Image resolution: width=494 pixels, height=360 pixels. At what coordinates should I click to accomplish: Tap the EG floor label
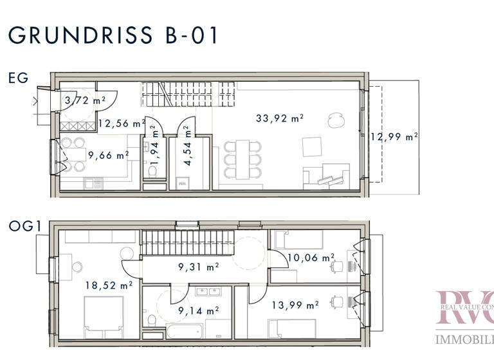coord(18,78)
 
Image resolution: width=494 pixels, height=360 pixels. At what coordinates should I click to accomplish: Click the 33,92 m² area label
coord(279,118)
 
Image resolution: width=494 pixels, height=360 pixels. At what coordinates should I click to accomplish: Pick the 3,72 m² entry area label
coord(85,100)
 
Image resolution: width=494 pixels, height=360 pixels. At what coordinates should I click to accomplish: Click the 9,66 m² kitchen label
coord(108,155)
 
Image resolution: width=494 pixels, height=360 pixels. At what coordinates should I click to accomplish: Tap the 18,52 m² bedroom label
coord(109,284)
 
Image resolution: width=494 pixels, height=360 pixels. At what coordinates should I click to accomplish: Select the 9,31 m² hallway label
coord(197,265)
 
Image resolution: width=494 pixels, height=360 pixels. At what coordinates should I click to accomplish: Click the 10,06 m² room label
coord(311,258)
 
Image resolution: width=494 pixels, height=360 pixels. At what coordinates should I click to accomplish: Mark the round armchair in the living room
coord(334,120)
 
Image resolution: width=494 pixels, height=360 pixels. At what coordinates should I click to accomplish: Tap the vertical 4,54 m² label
coord(187,138)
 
